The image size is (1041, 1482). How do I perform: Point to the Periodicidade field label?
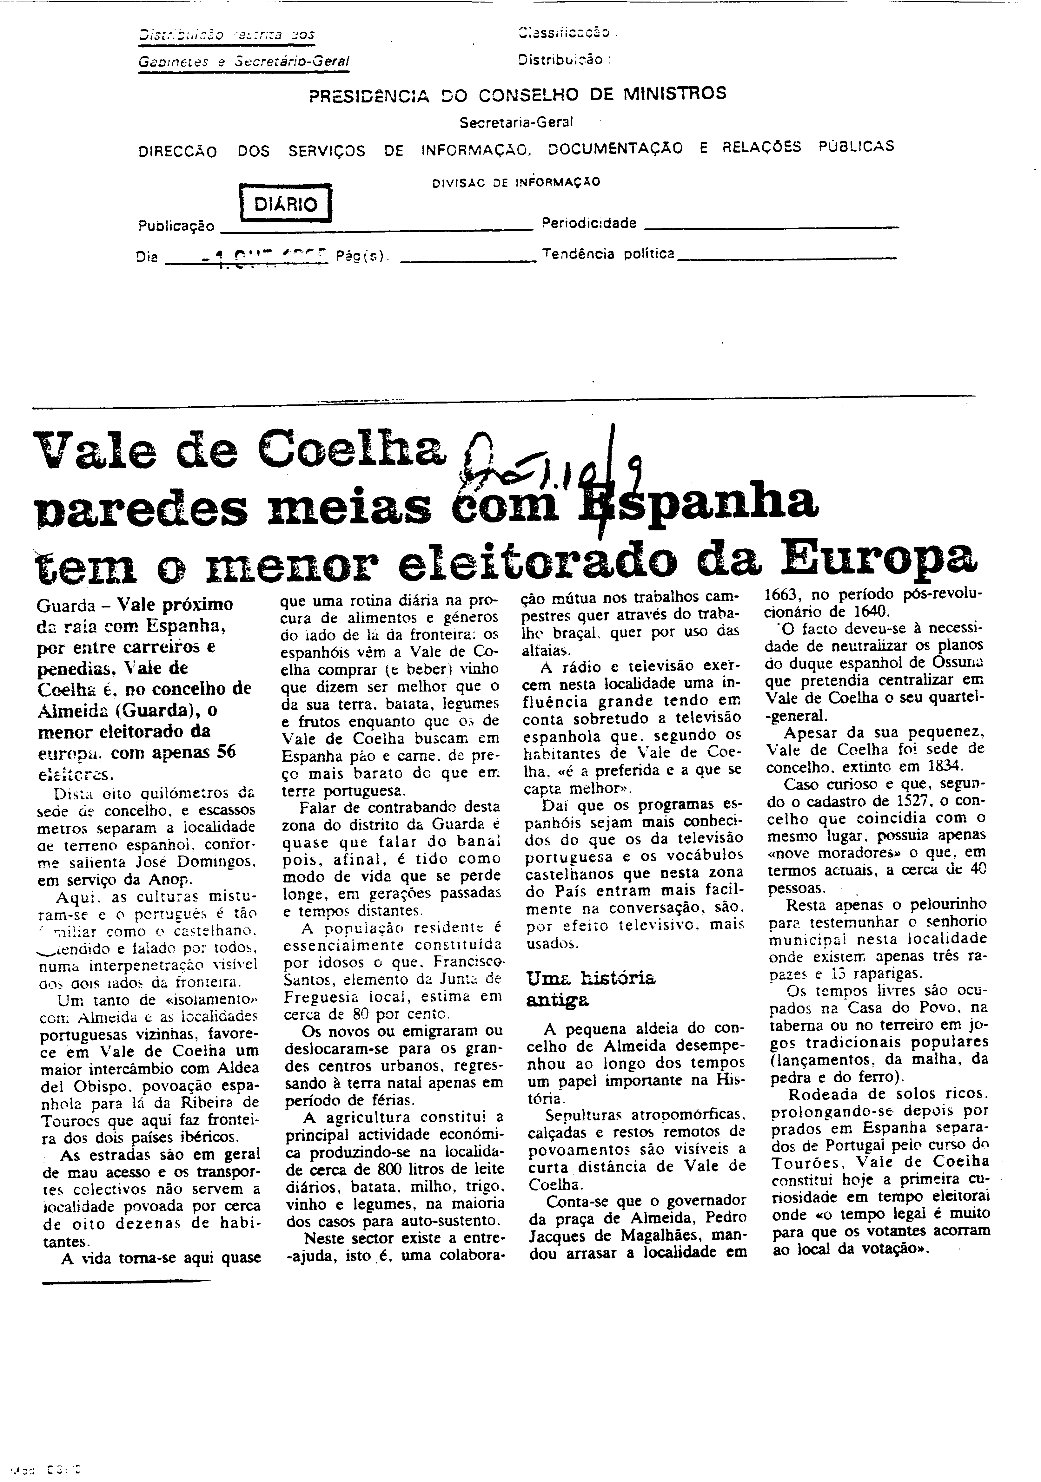[589, 223]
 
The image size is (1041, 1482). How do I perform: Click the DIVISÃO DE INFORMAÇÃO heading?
[516, 182]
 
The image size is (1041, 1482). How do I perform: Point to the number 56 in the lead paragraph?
[226, 751]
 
